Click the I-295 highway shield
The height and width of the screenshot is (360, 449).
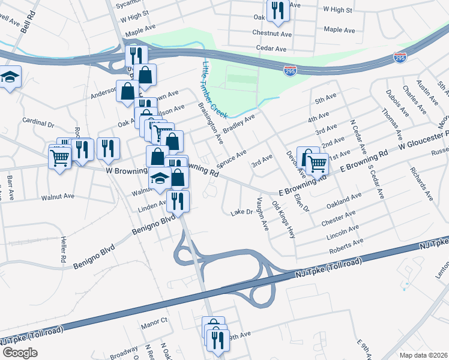400,58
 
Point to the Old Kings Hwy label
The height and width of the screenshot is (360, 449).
284,220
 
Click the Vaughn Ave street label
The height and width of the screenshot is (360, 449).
262,213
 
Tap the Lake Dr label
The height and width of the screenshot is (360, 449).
242,212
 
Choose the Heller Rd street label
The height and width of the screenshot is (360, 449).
63,250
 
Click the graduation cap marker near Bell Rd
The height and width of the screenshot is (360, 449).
10,78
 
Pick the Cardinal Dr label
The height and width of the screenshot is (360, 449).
38,122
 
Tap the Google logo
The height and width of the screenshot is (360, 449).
20,352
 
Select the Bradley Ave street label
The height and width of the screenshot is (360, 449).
239,123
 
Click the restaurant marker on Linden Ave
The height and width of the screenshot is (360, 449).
177,201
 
